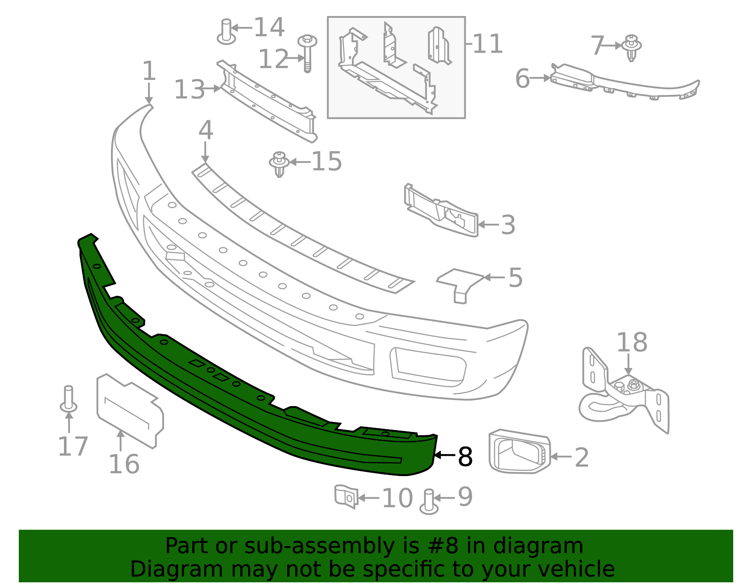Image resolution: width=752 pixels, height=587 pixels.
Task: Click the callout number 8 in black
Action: tap(465, 456)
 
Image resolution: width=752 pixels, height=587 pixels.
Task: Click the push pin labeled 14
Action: tap(227, 32)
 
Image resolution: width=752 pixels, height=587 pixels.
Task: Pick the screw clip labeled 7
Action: tap(631, 47)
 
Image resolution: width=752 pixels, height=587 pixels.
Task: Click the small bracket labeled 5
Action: tap(459, 283)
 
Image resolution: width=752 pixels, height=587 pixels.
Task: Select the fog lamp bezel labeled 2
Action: tap(519, 452)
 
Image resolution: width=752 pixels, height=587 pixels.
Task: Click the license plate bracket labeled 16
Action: tap(129, 409)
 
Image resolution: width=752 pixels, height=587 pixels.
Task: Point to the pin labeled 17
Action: tap(69, 399)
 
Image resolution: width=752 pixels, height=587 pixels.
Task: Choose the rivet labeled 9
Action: tap(429, 501)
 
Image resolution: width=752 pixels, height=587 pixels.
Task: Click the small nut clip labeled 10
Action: tap(346, 496)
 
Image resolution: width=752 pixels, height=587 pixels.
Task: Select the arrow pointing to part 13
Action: tap(213, 88)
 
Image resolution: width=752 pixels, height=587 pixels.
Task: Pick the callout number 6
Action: tap(522, 78)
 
